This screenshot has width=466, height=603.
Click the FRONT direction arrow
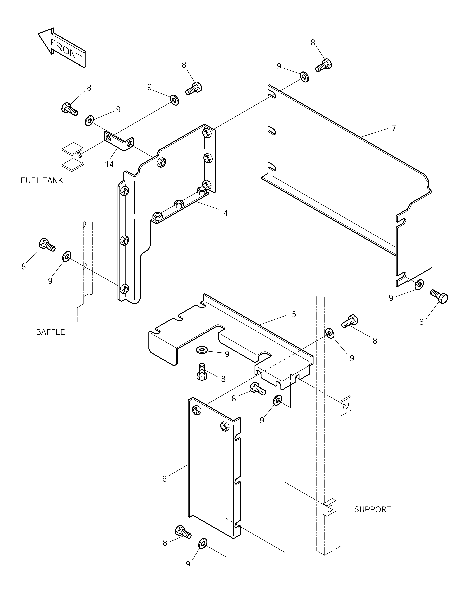[62, 47]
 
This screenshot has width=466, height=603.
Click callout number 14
[109, 164]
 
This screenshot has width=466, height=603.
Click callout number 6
[165, 479]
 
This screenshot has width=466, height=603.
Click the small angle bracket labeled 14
[119, 141]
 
